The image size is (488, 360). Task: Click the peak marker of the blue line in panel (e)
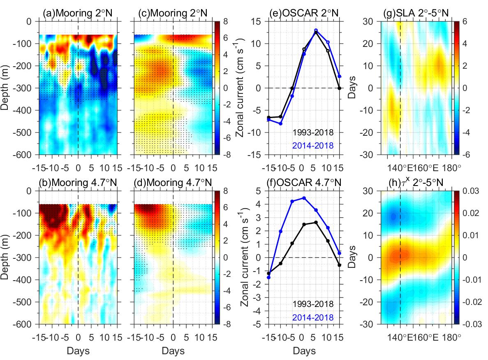316,30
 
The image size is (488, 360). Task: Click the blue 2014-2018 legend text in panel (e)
312,145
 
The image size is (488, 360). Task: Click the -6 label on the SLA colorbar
467,155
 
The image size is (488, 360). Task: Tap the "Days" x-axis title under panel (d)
173,351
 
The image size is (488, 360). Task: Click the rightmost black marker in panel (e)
340,88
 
